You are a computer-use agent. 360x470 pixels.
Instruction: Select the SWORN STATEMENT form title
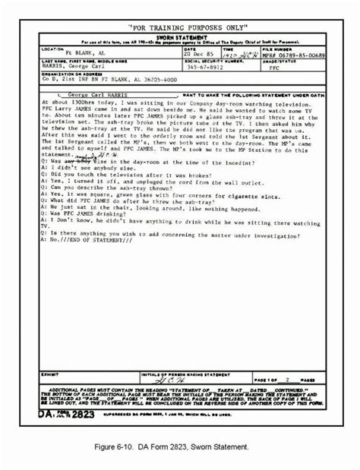[x=180, y=31]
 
